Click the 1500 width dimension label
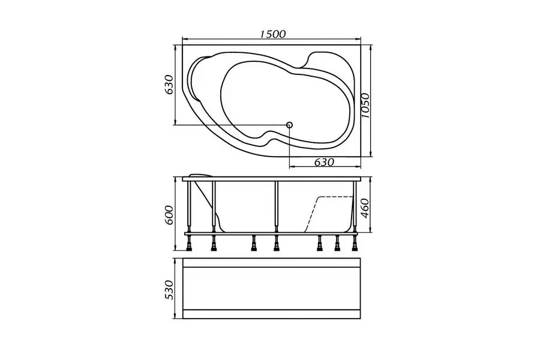coord(273,34)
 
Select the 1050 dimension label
coord(365,106)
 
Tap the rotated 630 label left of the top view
coord(169,84)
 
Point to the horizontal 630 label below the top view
coord(324,161)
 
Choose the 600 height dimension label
coord(169,215)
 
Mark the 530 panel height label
coord(169,290)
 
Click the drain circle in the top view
coord(289,125)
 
